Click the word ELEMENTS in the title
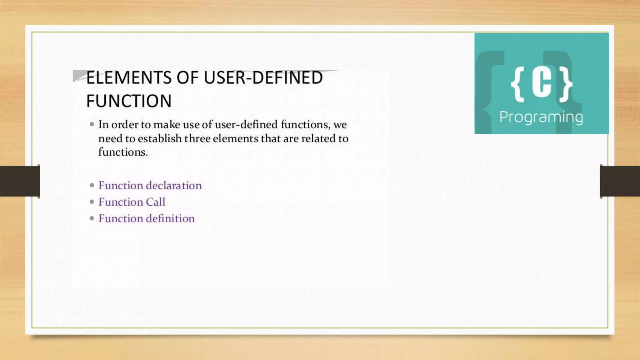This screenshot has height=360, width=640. tap(128, 77)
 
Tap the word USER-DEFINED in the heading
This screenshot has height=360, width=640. tap(263, 77)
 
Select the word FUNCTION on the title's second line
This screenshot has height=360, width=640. tap(129, 101)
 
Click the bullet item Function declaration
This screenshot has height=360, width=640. tap(150, 185)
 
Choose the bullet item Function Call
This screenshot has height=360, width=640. tap(132, 202)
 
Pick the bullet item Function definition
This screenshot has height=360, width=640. tap(146, 218)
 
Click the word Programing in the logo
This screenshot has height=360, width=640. tap(541, 117)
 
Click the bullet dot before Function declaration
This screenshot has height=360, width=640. tap(92, 185)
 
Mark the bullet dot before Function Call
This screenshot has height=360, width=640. tap(92, 202)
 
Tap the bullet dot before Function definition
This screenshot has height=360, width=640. tap(92, 218)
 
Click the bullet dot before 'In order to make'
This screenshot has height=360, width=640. tap(92, 124)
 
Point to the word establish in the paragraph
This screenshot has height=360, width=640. tap(159, 138)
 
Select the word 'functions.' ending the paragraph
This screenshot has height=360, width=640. tap(123, 152)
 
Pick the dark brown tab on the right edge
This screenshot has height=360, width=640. tap(620, 181)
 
